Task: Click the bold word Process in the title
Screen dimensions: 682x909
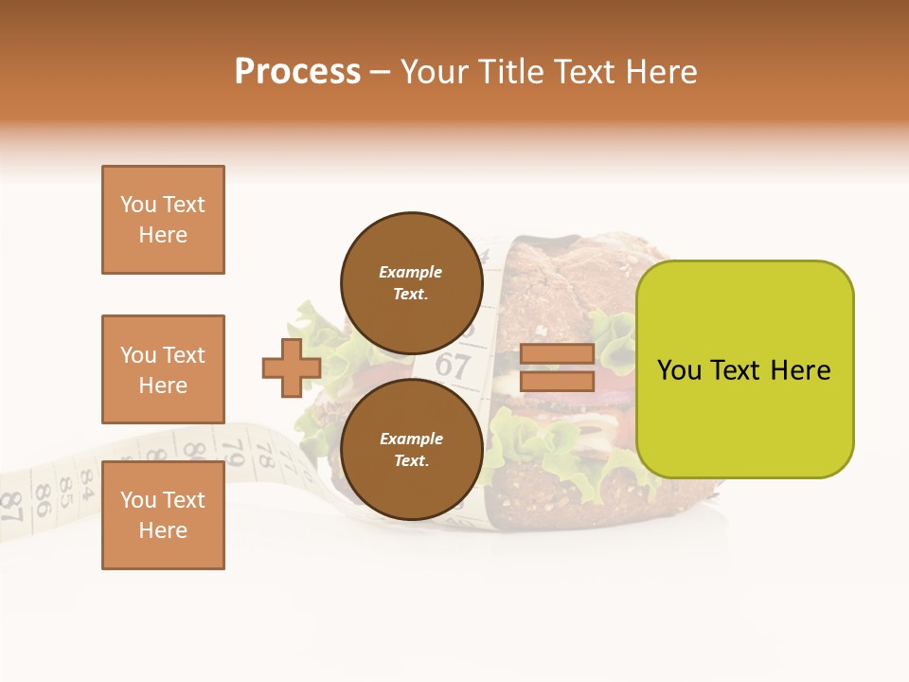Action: point(297,72)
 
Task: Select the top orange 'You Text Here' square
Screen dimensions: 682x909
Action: point(163,220)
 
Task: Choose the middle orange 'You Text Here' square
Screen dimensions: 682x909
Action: point(163,369)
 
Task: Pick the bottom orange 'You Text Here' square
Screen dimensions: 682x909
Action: point(163,515)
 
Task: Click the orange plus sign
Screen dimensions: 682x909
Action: point(292,368)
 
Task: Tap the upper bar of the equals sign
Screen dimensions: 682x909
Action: point(557,354)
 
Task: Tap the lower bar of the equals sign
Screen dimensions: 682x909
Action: point(557,382)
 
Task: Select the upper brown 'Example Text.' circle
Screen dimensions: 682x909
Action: point(411,282)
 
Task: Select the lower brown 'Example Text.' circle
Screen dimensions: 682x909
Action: point(411,449)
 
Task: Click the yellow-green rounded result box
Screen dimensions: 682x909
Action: point(744,369)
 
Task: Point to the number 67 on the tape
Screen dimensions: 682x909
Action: point(453,365)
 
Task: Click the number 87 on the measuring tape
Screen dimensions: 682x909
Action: point(11,507)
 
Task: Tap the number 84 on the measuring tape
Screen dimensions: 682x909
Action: point(86,483)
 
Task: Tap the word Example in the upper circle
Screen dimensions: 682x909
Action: point(411,272)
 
